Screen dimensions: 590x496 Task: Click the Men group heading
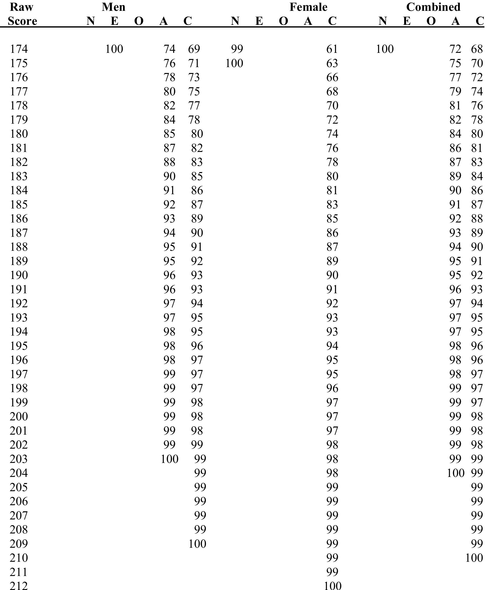point(113,7)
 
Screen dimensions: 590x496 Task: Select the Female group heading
point(308,7)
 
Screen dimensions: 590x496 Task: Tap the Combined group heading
point(433,7)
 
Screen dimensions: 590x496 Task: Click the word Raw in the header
point(21,7)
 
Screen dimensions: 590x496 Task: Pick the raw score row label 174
point(19,49)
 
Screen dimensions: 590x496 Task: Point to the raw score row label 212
point(19,586)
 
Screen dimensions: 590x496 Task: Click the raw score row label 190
point(19,275)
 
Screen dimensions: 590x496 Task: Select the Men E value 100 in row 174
point(114,49)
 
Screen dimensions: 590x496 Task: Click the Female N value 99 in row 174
point(237,49)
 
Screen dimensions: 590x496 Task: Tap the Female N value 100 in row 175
point(234,63)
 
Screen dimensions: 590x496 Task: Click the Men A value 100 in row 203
point(170,459)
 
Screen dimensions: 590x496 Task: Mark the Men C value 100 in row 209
point(197,544)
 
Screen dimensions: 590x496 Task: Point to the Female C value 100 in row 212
point(333,586)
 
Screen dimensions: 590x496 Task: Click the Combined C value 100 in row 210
point(474,558)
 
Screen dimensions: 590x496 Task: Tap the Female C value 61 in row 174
point(332,49)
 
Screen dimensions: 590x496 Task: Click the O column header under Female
point(283,21)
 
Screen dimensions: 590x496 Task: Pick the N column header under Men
point(91,21)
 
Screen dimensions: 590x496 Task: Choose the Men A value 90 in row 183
point(169,177)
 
